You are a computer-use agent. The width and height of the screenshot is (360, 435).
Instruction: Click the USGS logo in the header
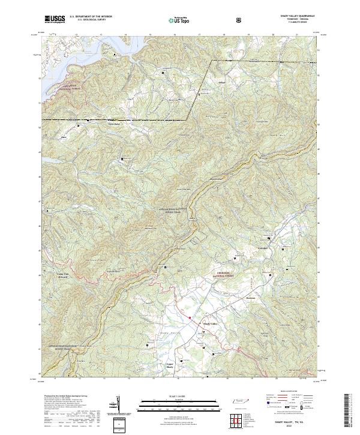tap(55, 19)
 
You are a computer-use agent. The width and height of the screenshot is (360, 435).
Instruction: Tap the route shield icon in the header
tap(239, 19)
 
